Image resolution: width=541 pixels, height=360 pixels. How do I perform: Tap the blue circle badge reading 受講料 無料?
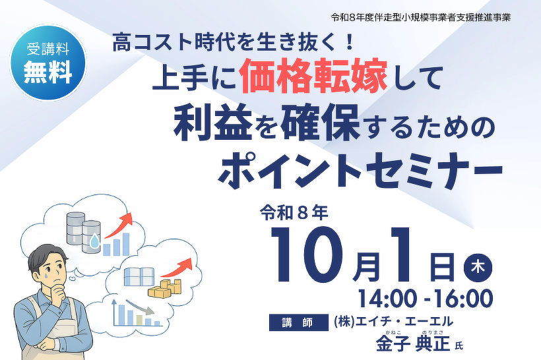[x=48, y=63]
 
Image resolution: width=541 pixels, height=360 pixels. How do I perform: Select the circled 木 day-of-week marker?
[x=478, y=267]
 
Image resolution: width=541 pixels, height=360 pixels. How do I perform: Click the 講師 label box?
[x=298, y=322]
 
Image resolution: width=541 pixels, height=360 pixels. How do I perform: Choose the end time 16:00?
[x=463, y=299]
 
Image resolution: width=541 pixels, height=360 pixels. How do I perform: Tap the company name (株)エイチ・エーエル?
[x=393, y=322]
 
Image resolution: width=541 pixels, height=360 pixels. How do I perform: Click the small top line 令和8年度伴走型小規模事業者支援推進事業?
[x=420, y=18]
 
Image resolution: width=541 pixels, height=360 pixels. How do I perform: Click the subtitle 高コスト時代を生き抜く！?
[x=234, y=43]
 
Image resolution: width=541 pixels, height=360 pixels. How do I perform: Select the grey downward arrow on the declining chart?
[x=139, y=307]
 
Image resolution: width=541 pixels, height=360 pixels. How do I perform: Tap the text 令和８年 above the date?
[x=294, y=214]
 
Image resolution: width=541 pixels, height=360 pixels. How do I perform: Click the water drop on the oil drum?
[x=94, y=241]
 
